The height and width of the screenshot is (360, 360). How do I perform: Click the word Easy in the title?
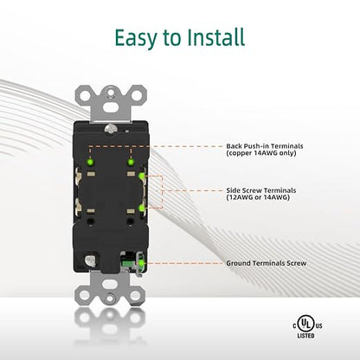(136, 38)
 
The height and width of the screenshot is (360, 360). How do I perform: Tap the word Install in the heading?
(215, 37)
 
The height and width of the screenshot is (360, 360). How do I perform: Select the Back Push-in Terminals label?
(265, 146)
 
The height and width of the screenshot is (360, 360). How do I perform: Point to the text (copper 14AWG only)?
(261, 153)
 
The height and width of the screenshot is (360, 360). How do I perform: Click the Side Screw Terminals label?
(261, 190)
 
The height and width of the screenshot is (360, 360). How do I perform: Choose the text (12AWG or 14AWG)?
(258, 197)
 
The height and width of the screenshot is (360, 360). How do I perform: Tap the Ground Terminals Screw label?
(267, 263)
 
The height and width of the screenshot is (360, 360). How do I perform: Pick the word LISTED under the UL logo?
(305, 336)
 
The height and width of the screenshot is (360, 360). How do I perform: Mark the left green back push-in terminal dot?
(90, 162)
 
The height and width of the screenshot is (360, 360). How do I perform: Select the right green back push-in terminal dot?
(132, 162)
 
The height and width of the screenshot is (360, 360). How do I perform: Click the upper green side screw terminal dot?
(142, 176)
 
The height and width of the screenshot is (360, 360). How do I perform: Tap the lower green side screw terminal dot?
(142, 208)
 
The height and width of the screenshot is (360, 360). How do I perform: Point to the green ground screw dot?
(142, 263)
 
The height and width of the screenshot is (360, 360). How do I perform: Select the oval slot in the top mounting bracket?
(110, 107)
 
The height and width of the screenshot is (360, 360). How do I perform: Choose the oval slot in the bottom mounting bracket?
(110, 283)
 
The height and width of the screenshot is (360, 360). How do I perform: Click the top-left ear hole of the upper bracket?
(84, 95)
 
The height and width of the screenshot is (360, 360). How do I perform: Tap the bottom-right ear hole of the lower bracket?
(135, 295)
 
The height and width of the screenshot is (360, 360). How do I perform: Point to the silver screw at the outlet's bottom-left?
(90, 260)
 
